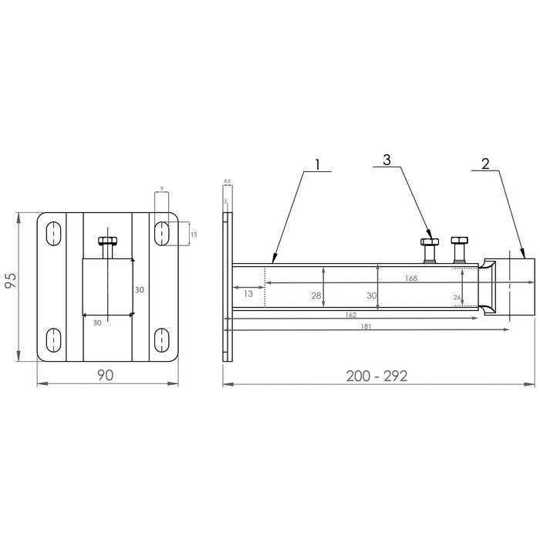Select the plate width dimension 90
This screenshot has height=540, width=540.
106,376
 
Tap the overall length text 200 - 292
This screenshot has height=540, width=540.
376,376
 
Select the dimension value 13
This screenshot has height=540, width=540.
248,294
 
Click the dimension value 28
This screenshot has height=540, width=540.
315,296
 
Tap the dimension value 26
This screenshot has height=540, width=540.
456,298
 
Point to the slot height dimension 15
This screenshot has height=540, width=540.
194,234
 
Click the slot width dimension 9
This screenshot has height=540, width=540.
161,187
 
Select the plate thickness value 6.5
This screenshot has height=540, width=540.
227,181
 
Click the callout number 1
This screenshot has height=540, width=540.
316,163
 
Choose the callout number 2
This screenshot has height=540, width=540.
485,163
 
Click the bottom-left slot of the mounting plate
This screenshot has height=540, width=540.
52,339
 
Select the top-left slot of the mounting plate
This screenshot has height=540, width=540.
52,231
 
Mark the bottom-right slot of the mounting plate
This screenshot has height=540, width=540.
162,339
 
